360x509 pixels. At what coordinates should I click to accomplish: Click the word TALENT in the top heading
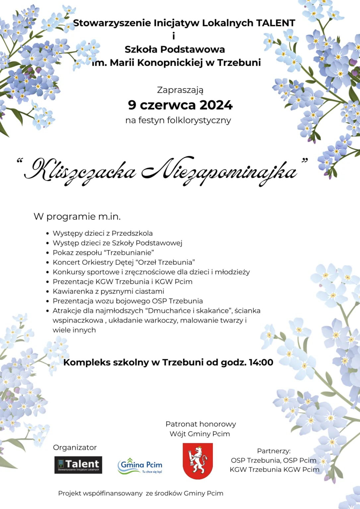coord(275,23)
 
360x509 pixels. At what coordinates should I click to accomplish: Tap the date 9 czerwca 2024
coord(180,105)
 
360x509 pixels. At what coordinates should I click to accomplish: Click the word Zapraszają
coord(180,90)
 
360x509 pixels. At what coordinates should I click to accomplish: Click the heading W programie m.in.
coord(77,216)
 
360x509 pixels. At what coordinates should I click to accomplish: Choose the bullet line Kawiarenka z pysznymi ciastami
coord(108,291)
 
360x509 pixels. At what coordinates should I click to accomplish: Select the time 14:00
coord(261,362)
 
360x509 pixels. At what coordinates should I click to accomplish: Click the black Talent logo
coord(78,465)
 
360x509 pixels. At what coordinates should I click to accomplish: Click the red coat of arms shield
coord(198,461)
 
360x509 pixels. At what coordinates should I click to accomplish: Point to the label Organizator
coord(75,447)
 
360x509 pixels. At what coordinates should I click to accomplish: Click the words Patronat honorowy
coord(201,424)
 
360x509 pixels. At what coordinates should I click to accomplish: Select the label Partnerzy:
coord(274,451)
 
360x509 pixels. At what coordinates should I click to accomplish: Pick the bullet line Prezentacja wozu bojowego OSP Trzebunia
coord(128,301)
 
